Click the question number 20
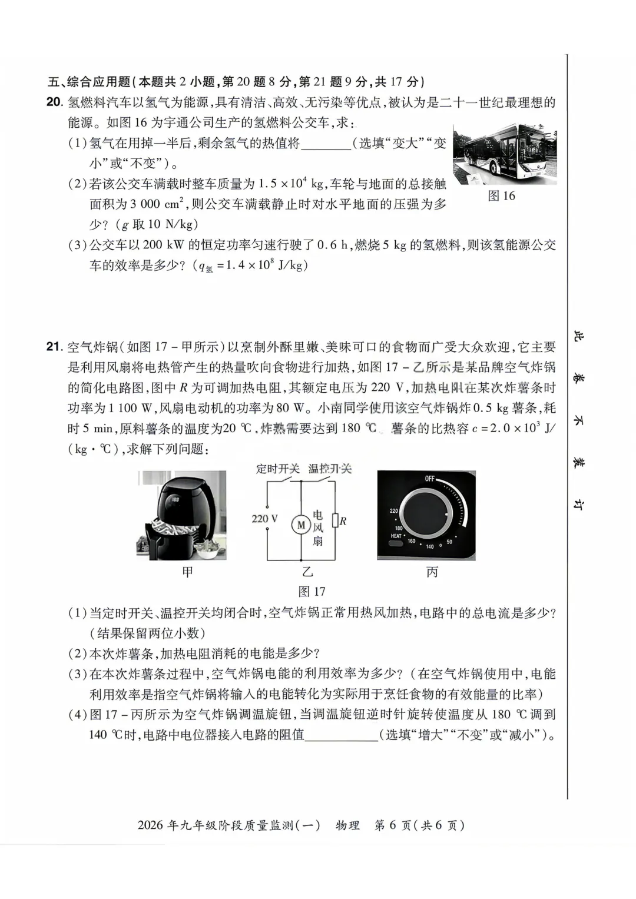pyautogui.click(x=54, y=102)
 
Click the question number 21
pyautogui.click(x=54, y=347)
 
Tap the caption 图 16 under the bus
pyautogui.click(x=501, y=196)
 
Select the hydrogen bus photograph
pyautogui.click(x=505, y=154)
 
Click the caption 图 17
pyautogui.click(x=312, y=591)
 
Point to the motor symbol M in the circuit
pyautogui.click(x=301, y=524)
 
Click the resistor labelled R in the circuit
pyautogui.click(x=335, y=521)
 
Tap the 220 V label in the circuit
pyautogui.click(x=264, y=519)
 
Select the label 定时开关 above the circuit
pyautogui.click(x=277, y=469)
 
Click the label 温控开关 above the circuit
pyautogui.click(x=330, y=469)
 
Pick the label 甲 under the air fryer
pyautogui.click(x=187, y=572)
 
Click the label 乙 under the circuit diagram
pyautogui.click(x=307, y=572)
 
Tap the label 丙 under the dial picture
pyautogui.click(x=432, y=572)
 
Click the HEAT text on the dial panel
pyautogui.click(x=396, y=536)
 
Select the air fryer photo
pyautogui.click(x=181, y=514)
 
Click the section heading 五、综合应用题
pyautogui.click(x=89, y=82)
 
